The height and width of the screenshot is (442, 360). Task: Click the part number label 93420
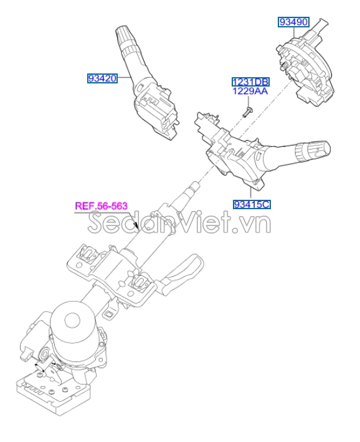(102, 78)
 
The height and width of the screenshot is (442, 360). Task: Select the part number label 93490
(293, 22)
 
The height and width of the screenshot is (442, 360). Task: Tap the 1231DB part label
(250, 82)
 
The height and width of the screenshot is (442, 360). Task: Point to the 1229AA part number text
(250, 91)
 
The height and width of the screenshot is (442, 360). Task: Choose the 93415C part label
(252, 203)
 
